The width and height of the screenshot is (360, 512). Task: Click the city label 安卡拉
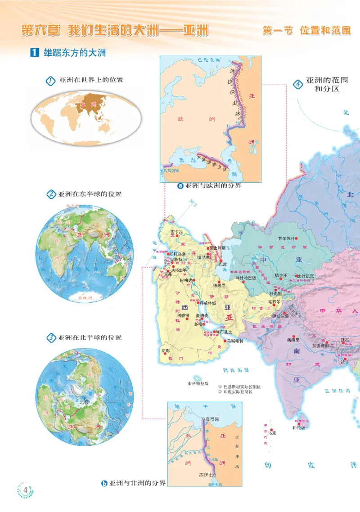point(178,232)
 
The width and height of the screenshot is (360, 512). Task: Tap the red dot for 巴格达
point(194,281)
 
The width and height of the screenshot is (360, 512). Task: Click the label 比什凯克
point(307,276)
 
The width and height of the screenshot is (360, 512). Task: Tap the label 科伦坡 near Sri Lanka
point(299,427)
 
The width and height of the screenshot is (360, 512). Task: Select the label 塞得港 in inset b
point(211,418)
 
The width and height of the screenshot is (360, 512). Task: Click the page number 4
point(26,490)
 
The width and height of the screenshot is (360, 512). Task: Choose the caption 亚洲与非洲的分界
point(138,484)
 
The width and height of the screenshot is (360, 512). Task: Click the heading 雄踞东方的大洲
point(75,53)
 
